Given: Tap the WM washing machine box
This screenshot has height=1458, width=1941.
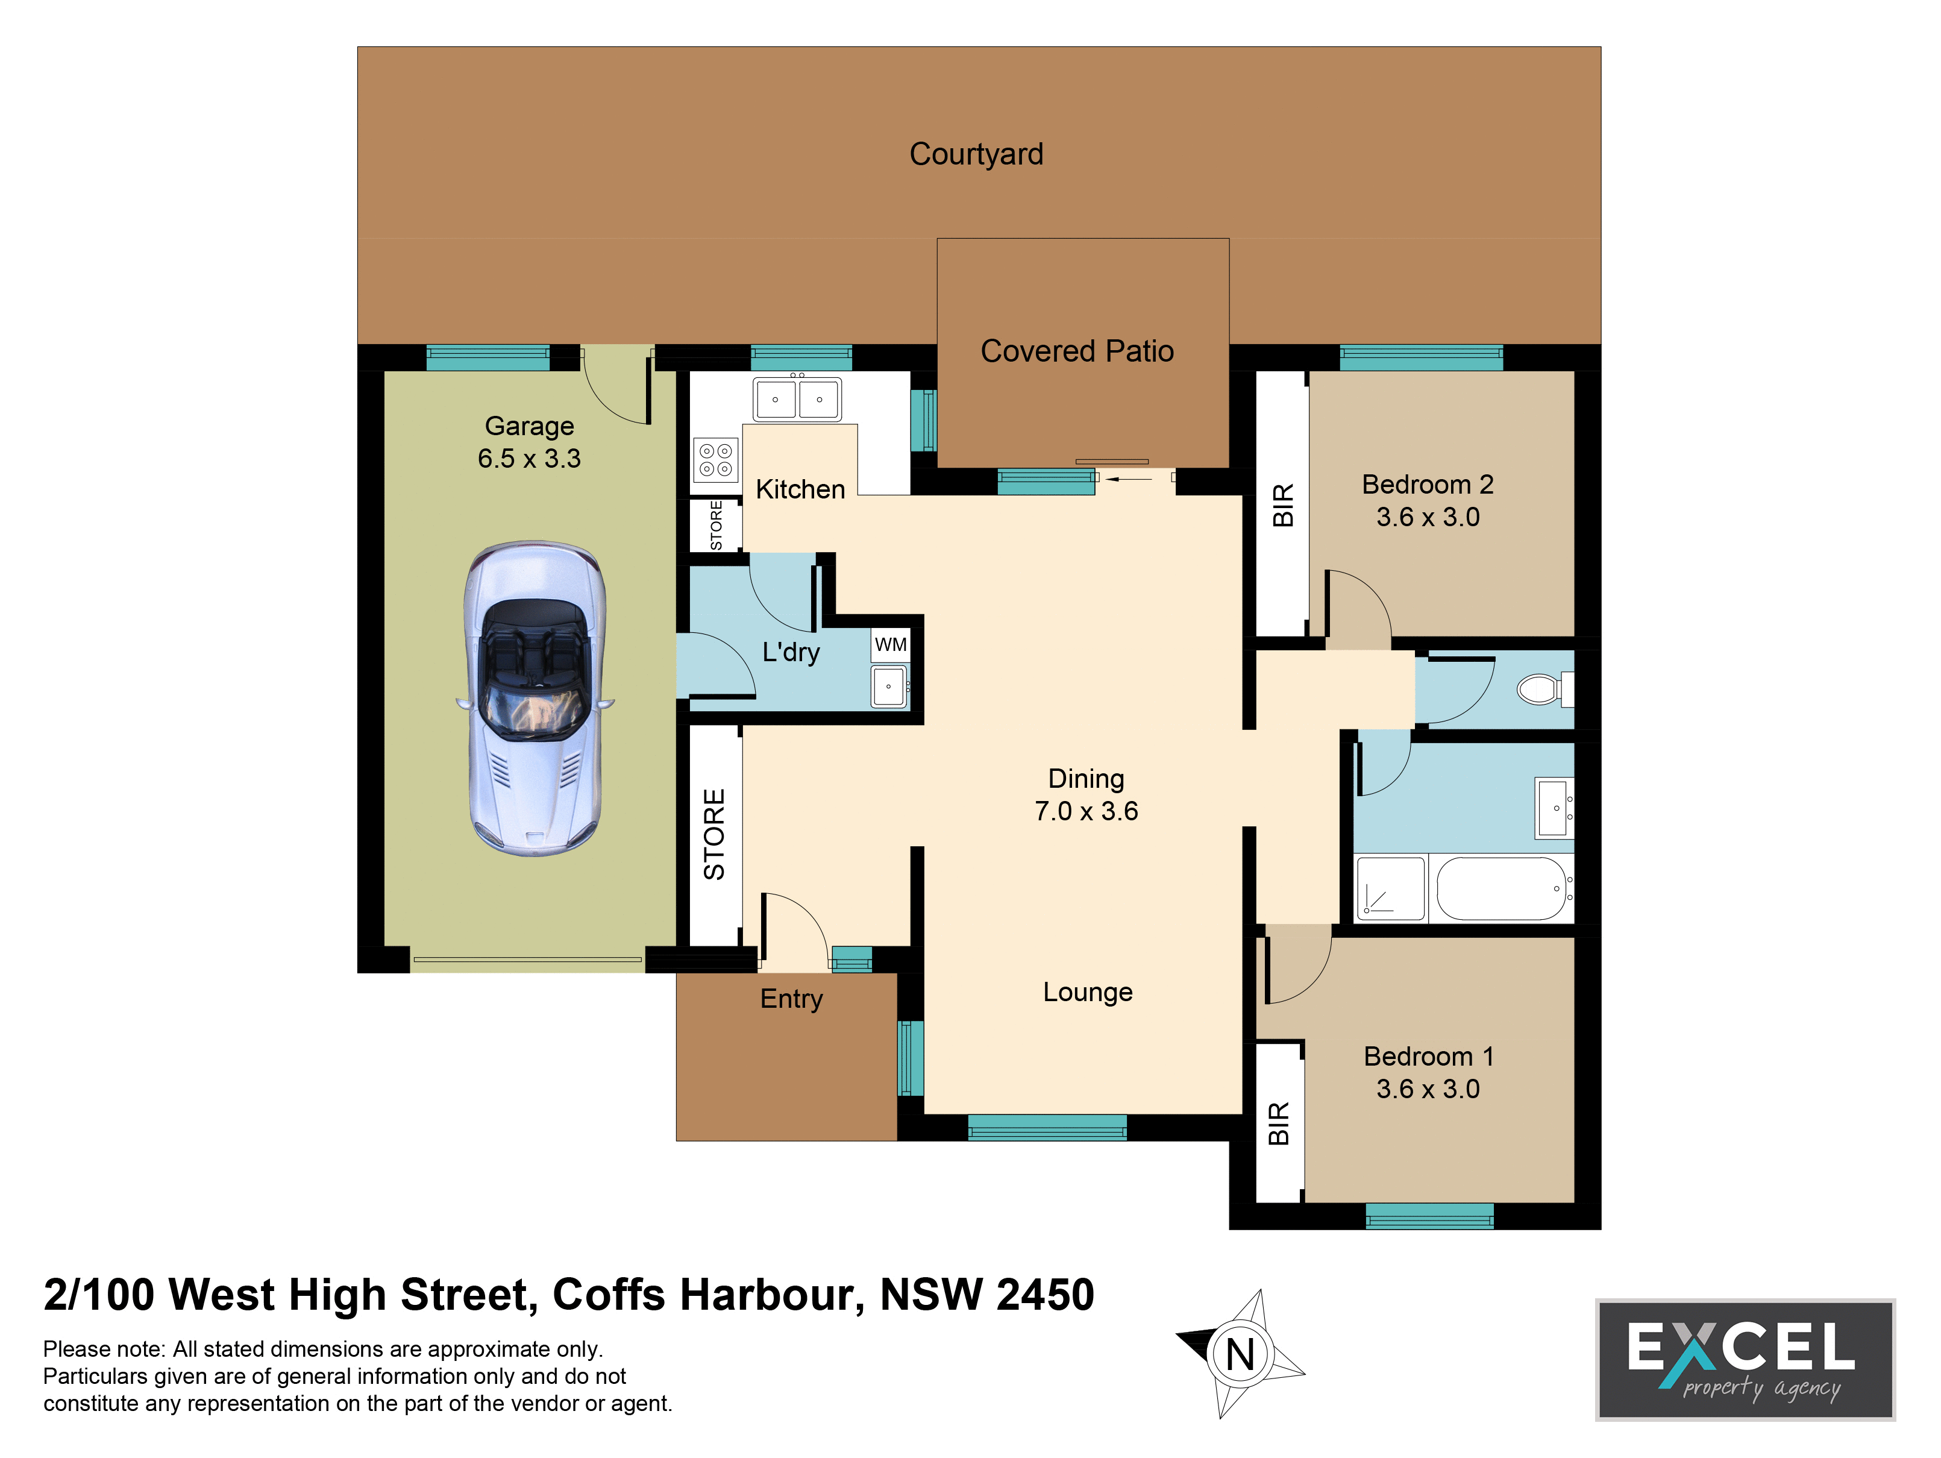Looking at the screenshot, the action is tap(891, 644).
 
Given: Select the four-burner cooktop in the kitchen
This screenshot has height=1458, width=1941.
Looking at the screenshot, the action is tap(715, 460).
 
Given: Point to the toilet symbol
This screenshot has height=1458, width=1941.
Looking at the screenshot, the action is tap(1545, 689).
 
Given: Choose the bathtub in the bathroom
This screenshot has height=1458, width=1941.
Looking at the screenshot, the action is tap(1501, 888).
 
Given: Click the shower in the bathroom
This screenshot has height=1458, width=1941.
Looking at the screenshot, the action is tap(1390, 888).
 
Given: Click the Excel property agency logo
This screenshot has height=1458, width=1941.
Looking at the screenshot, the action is tap(1745, 1360).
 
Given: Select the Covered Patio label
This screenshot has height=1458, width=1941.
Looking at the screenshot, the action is tap(1077, 351).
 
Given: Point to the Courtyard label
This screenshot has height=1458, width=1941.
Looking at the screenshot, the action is tap(977, 154).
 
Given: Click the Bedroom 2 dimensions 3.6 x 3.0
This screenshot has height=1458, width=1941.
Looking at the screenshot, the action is tap(1428, 517).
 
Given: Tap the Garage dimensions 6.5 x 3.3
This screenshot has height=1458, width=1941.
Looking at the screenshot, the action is tap(529, 458).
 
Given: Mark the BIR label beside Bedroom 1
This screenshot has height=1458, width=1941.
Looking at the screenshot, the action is tap(1279, 1123).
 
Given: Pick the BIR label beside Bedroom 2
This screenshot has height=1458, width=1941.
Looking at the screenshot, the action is tap(1283, 506).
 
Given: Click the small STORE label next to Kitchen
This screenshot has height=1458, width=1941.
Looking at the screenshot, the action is tap(716, 525).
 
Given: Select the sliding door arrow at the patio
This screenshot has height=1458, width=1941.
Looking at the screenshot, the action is tap(1129, 479).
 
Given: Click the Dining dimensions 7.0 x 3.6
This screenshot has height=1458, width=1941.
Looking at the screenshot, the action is tap(1087, 811).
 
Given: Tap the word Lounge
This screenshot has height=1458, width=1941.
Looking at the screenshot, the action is tap(1088, 993).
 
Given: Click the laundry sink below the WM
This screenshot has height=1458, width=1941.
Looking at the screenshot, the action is tap(889, 685).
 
